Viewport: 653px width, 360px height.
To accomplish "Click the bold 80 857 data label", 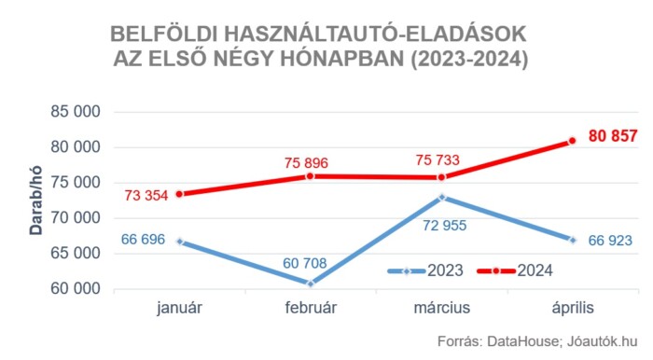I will click(x=612, y=136).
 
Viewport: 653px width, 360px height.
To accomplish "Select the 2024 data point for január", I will click(x=179, y=194).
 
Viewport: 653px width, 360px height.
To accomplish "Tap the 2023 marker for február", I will click(x=311, y=283).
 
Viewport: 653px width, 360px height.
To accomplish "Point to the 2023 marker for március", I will click(x=442, y=197).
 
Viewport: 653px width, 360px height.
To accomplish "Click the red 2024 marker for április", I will click(x=573, y=141).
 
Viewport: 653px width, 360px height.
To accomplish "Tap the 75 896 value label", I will click(x=306, y=162).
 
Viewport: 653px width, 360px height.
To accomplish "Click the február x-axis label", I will click(x=311, y=307).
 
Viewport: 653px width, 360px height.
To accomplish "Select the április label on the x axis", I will click(x=573, y=307).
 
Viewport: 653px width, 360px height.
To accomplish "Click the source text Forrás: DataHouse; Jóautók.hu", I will click(x=536, y=341).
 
